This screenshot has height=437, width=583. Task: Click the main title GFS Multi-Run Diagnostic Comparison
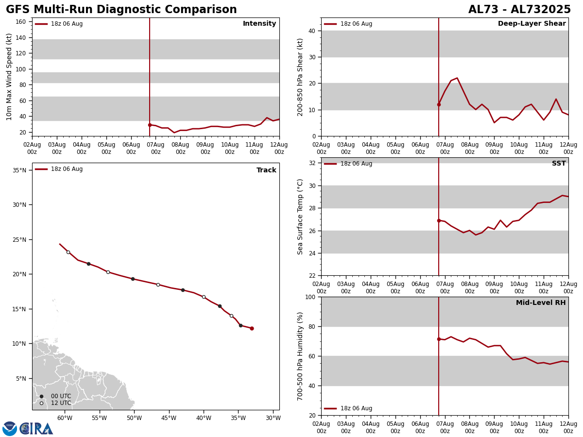121,10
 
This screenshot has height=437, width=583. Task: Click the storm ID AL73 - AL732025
519,10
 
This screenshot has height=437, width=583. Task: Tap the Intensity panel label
259,24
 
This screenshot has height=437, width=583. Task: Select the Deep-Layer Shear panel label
532,24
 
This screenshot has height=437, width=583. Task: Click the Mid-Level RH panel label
541,303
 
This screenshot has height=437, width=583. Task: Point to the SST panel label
559,164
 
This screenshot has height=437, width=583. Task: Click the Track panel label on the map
266,170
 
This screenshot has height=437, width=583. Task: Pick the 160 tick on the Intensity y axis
20,22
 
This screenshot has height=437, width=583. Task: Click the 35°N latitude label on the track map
19,170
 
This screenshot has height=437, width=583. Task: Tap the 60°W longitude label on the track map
65,418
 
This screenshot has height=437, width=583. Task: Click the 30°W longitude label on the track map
273,418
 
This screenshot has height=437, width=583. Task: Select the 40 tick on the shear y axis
311,31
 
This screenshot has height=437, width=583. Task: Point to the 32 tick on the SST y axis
311,163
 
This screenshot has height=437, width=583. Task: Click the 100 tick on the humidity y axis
309,297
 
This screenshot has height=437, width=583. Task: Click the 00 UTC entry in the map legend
61,396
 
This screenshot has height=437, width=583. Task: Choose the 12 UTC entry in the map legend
61,403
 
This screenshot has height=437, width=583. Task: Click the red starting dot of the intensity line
150,125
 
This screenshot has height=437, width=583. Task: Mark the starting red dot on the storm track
252,328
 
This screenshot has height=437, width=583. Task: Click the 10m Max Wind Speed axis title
9,77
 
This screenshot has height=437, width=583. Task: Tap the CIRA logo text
36,429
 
